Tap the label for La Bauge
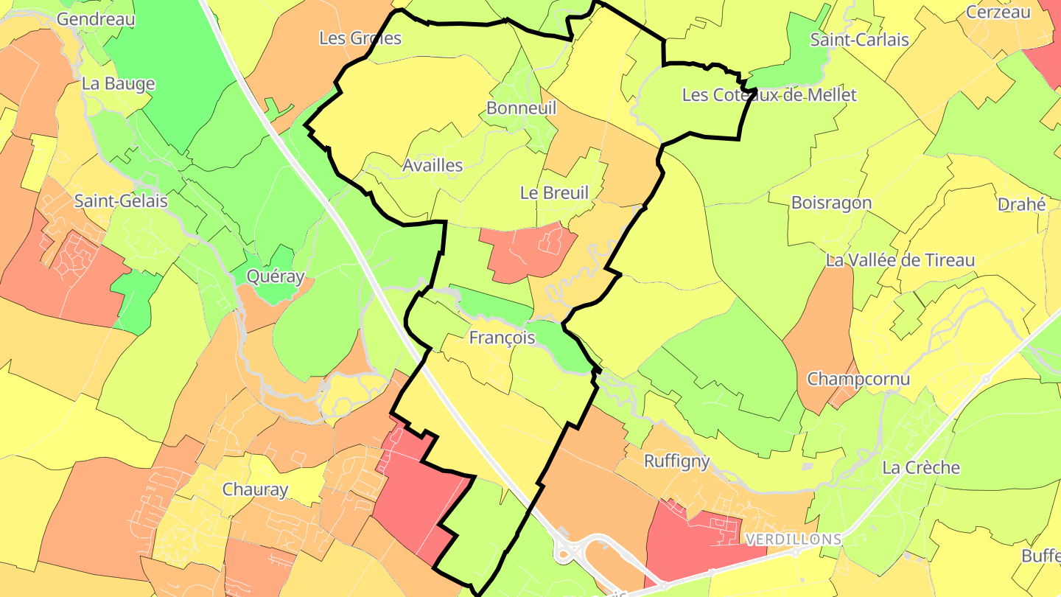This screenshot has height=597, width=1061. pos(118,83)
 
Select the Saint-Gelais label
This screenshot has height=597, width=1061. pos(121,200)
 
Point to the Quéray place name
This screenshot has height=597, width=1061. pos(276,276)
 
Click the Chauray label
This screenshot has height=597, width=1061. pos(255,489)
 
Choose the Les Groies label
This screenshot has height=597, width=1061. pos(360,38)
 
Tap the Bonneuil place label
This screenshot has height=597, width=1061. pos(521,108)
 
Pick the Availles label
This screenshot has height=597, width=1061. pos(433,166)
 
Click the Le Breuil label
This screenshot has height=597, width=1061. pos(555,193)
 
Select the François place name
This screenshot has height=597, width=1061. pos(502,338)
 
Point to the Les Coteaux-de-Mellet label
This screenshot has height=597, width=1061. pos(769,95)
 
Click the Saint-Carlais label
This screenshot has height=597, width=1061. pos(859,40)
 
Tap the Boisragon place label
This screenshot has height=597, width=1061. pos(831,203)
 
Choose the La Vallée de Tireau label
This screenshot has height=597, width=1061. pos(900,260)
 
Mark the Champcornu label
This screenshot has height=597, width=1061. pos(858,380)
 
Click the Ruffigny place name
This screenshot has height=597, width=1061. pos(676,461)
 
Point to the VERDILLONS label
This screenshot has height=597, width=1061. pos(793,540)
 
